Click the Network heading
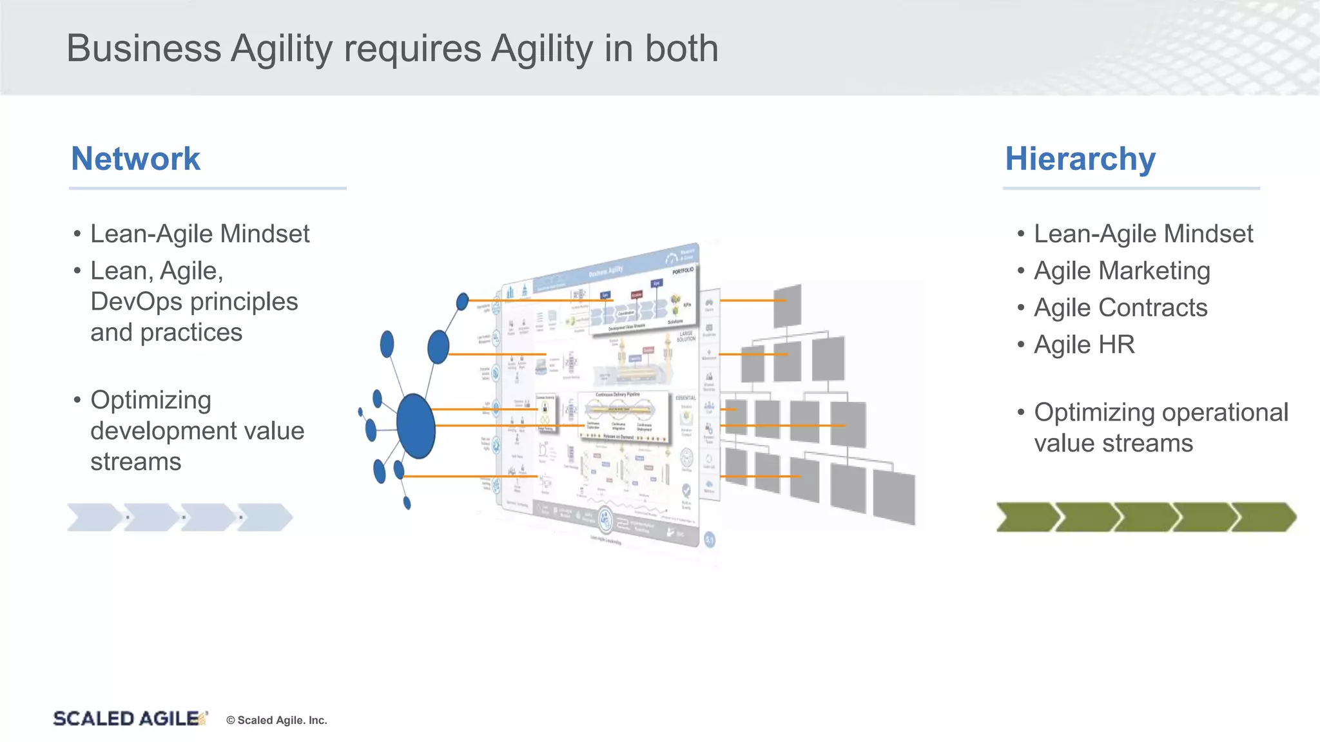pos(135,158)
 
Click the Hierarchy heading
pos(1080,158)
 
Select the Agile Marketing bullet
pos(1121,271)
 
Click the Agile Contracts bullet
pos(1120,308)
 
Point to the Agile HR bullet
pos(1084,345)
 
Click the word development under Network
pos(166,431)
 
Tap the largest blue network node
pos(416,426)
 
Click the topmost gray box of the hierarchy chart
pos(787,307)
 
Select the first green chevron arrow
pos(1026,517)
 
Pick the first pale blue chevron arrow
pos(94,517)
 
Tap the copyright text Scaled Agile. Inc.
pos(277,720)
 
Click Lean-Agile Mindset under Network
pos(200,234)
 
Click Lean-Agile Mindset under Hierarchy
pos(1143,234)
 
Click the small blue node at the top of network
pos(462,301)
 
